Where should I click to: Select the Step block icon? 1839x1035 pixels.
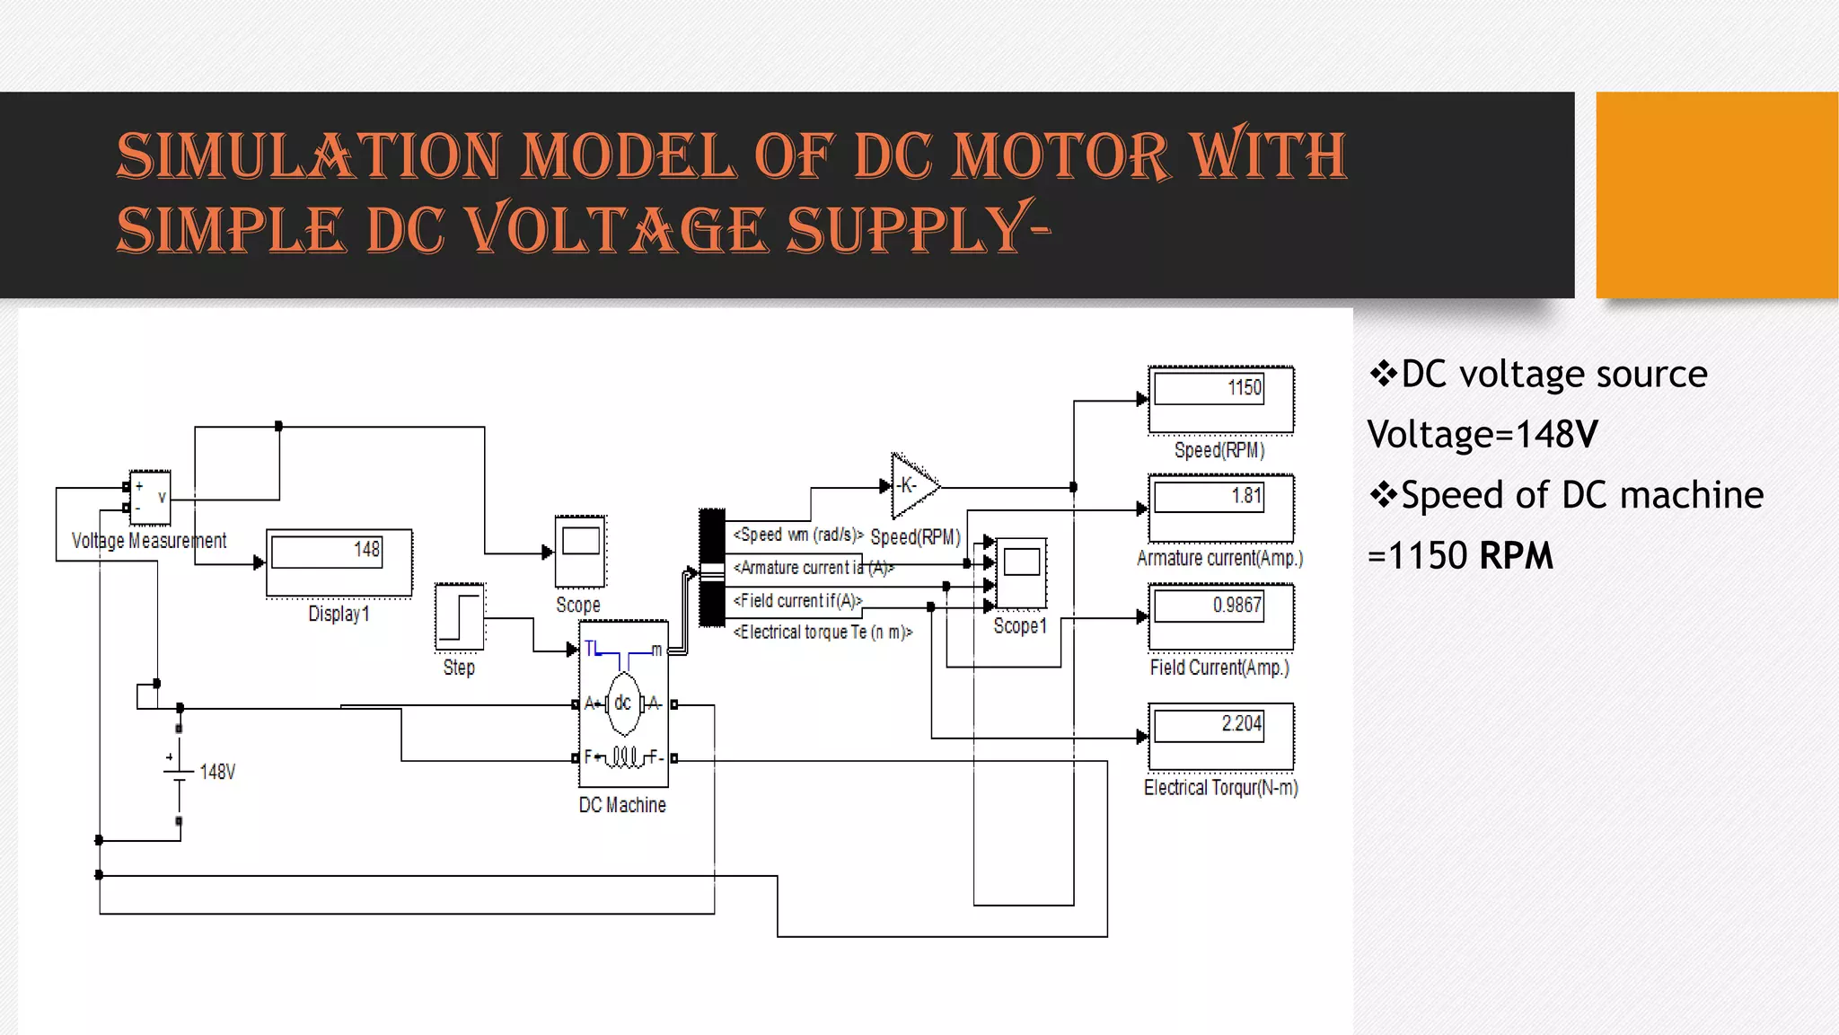click(459, 617)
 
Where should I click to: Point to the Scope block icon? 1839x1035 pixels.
click(580, 551)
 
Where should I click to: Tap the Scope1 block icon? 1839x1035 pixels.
click(1021, 573)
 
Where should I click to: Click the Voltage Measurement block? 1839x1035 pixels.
click(150, 497)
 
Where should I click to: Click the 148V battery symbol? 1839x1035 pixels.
click(180, 771)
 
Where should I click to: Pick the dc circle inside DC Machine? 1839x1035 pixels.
click(623, 703)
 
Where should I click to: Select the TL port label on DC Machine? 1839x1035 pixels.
click(591, 649)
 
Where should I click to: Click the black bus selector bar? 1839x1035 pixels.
click(712, 568)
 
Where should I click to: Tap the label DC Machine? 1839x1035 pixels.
click(622, 805)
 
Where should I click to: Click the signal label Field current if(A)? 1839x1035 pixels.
click(797, 600)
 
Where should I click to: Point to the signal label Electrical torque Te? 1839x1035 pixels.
click(823, 632)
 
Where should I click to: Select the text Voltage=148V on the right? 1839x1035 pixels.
click(1482, 435)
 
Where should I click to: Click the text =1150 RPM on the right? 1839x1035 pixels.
click(1460, 556)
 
